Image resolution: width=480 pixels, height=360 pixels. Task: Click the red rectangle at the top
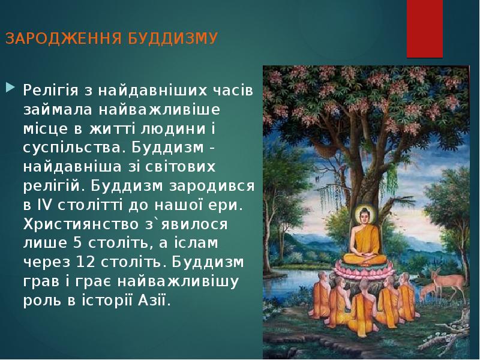coord(425,27)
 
